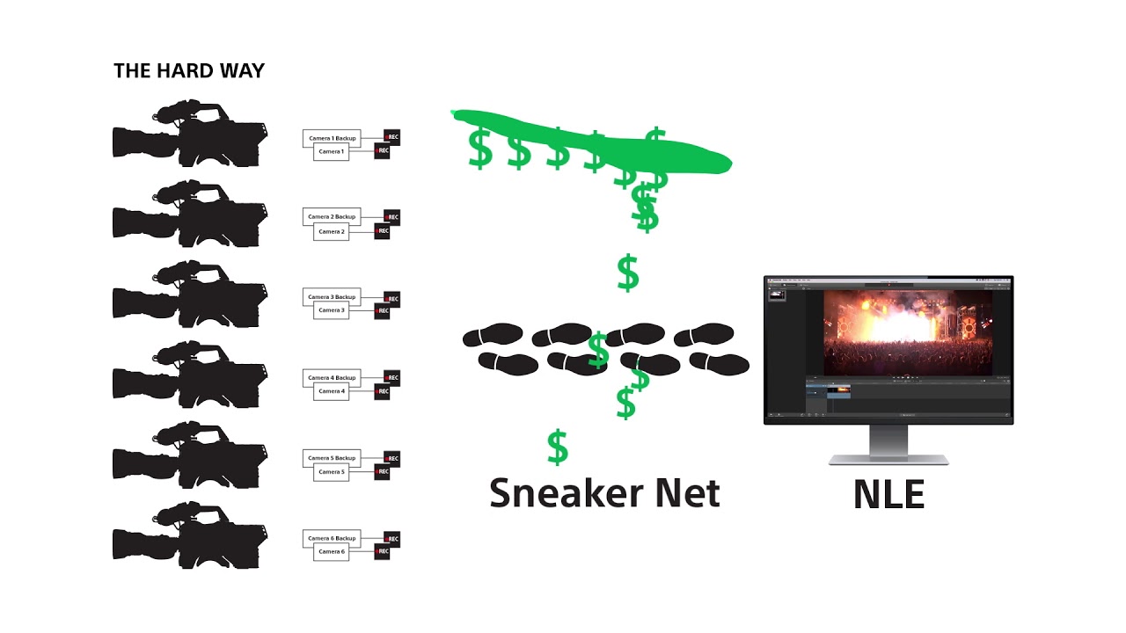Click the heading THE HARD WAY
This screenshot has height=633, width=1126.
coord(189,71)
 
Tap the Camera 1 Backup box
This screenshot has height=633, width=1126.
coord(332,139)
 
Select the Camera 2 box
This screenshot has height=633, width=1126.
coord(332,232)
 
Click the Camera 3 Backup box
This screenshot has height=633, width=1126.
coord(332,297)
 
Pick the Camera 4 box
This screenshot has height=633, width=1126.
coord(332,391)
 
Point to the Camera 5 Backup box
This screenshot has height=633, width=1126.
coord(332,458)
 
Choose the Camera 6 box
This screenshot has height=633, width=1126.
coord(332,552)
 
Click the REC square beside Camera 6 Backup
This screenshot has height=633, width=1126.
coord(391,538)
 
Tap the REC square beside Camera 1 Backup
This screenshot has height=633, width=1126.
coord(391,137)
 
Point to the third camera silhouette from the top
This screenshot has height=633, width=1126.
coord(189,295)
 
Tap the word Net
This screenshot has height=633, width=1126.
coord(689,493)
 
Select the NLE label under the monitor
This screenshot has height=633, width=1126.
coord(888,495)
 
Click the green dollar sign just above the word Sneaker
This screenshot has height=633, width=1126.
coord(558,447)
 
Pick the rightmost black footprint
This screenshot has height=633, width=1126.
coord(720,361)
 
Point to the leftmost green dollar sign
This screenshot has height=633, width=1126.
coord(480,149)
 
